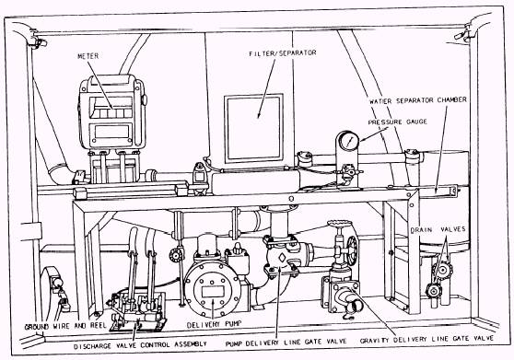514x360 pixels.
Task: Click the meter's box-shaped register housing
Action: [111, 110]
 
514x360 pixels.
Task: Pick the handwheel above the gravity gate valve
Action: [339, 225]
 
